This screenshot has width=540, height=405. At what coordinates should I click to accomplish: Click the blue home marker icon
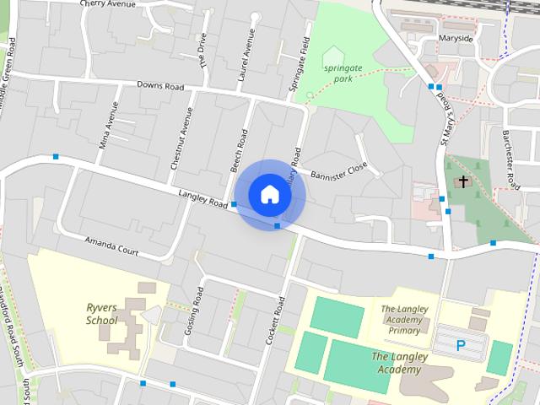coord(269,194)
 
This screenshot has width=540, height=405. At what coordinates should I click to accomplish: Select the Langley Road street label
coord(203,199)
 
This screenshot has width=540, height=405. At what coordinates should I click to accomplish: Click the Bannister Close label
coord(339,171)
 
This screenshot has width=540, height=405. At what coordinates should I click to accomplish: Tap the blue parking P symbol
coord(461,344)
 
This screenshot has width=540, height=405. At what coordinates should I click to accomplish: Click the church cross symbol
coord(463,181)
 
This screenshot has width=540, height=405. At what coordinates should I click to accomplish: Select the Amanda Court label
coord(111,246)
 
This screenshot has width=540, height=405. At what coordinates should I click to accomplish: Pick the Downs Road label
coord(160,86)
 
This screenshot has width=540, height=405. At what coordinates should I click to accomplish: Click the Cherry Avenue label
coord(108,4)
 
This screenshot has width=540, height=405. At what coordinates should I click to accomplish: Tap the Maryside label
coord(456,39)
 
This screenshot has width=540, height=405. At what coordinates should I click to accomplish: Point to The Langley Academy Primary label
coord(404,320)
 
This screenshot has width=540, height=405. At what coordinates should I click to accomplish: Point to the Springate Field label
coord(299,64)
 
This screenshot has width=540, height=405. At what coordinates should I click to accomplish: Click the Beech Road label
coord(240,150)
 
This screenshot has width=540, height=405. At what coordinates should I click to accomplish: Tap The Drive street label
coord(202,49)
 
